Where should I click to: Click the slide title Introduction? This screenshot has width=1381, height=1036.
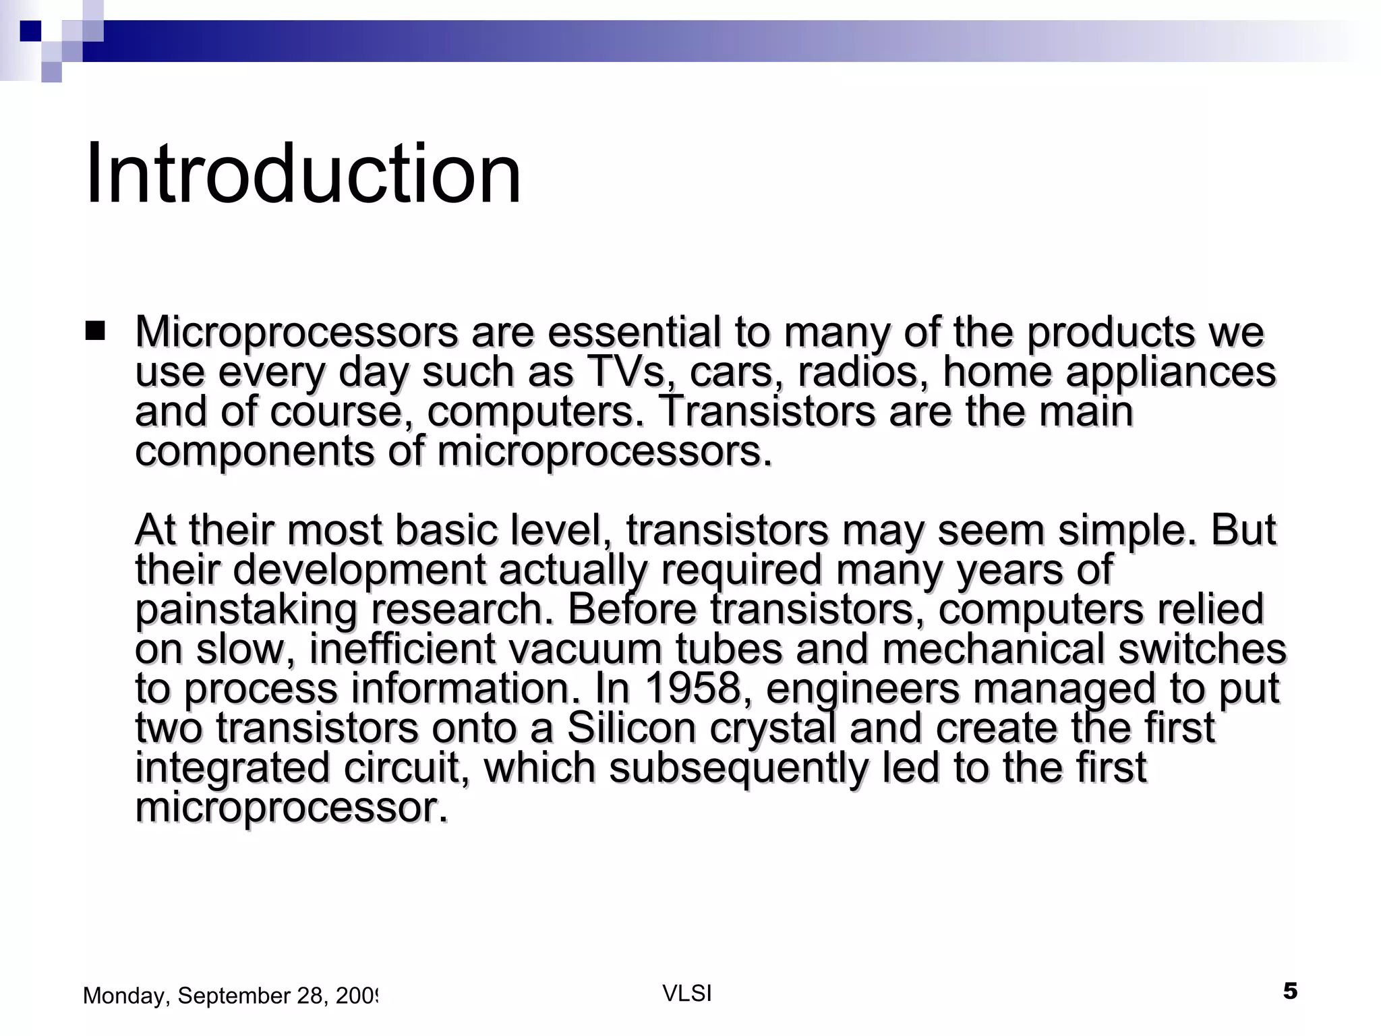[x=303, y=174]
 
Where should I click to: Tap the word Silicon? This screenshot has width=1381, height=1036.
[x=631, y=728]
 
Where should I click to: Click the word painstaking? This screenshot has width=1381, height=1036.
[x=245, y=610]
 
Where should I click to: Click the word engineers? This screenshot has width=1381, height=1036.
[x=862, y=689]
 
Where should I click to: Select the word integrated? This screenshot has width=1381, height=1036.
[x=232, y=768]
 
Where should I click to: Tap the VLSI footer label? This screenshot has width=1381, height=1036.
[x=687, y=993]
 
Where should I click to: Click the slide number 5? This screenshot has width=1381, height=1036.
[x=1289, y=991]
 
